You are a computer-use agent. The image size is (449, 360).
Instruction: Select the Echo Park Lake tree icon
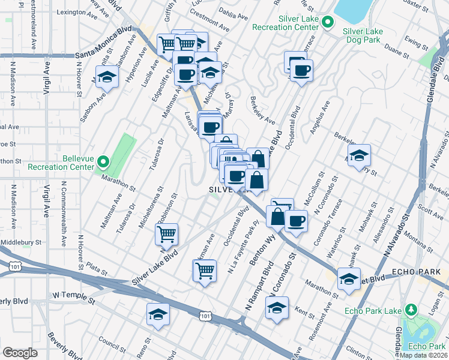pyautogui.click(x=411, y=310)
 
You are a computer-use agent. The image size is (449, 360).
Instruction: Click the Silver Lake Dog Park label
pyautogui.click(x=361, y=35)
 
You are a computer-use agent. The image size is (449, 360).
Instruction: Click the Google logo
pyautogui.click(x=20, y=353)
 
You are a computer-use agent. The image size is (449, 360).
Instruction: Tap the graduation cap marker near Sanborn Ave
pyautogui.click(x=107, y=77)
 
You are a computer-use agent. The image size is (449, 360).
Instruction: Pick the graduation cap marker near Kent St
pyautogui.click(x=277, y=308)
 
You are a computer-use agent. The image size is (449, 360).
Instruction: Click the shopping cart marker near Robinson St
pyautogui.click(x=166, y=233)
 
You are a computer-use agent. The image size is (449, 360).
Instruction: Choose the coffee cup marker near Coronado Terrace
pyautogui.click(x=296, y=221)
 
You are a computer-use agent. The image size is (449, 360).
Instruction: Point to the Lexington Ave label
pyautogui.click(x=76, y=11)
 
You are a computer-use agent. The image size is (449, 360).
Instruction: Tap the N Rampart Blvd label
pyautogui.click(x=258, y=286)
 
